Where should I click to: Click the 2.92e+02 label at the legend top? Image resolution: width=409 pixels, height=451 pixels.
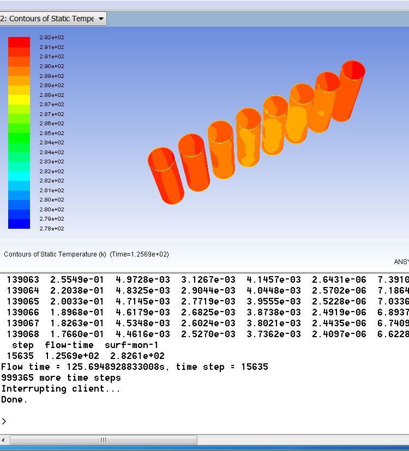pos(52,38)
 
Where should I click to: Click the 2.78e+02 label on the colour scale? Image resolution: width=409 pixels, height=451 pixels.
pos(52,229)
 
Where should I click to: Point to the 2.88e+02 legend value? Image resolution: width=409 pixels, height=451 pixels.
pos(52,95)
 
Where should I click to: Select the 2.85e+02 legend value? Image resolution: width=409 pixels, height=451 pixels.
pos(52,133)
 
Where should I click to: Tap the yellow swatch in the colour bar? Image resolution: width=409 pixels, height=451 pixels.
pos(19,99)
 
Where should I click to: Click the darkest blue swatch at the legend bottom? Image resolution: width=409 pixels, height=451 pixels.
pos(19,223)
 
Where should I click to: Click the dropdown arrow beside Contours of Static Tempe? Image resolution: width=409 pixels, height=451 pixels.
pos(101,19)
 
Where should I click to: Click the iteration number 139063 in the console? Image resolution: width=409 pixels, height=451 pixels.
pos(23,280)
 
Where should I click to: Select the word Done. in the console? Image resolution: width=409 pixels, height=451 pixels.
pos(14,400)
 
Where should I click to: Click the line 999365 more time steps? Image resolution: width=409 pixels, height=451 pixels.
pos(61,378)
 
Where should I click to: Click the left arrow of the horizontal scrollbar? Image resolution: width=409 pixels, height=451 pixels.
pos(5,440)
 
